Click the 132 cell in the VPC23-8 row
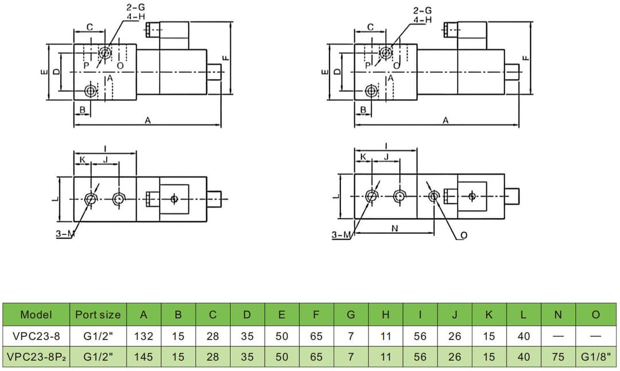(x=144, y=337)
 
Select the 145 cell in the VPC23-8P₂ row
(x=144, y=357)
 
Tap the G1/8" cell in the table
(x=595, y=357)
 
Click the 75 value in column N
(x=558, y=357)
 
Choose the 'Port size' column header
(x=98, y=315)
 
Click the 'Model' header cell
(x=36, y=315)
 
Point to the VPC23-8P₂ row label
(x=36, y=357)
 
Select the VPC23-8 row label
(x=36, y=337)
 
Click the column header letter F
(x=316, y=315)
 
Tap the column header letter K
(x=489, y=315)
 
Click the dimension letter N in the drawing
(x=394, y=228)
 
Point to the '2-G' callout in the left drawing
(x=135, y=7)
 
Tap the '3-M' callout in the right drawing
(x=342, y=235)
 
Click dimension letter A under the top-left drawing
(x=148, y=120)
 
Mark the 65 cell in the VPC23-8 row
(x=316, y=337)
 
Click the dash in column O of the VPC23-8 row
(x=595, y=337)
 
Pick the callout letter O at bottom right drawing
(x=464, y=235)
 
